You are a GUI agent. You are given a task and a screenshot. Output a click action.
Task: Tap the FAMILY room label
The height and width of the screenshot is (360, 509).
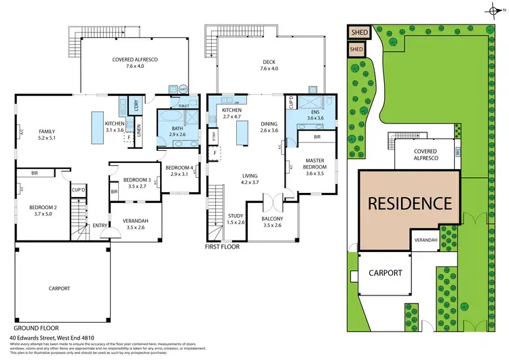pyautogui.click(x=47, y=131)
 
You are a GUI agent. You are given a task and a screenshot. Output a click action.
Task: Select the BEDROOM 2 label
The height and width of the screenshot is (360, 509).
pyautogui.click(x=42, y=208)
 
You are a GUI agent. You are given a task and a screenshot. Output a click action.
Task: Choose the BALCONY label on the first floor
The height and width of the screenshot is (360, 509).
pyautogui.click(x=272, y=219)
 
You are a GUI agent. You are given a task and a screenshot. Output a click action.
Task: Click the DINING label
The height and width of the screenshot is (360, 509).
pyautogui.click(x=269, y=123)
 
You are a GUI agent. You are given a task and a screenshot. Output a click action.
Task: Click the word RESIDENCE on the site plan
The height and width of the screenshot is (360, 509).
pyautogui.click(x=409, y=202)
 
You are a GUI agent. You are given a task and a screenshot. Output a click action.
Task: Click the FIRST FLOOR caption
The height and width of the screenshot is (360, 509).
pyautogui.click(x=222, y=247)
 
